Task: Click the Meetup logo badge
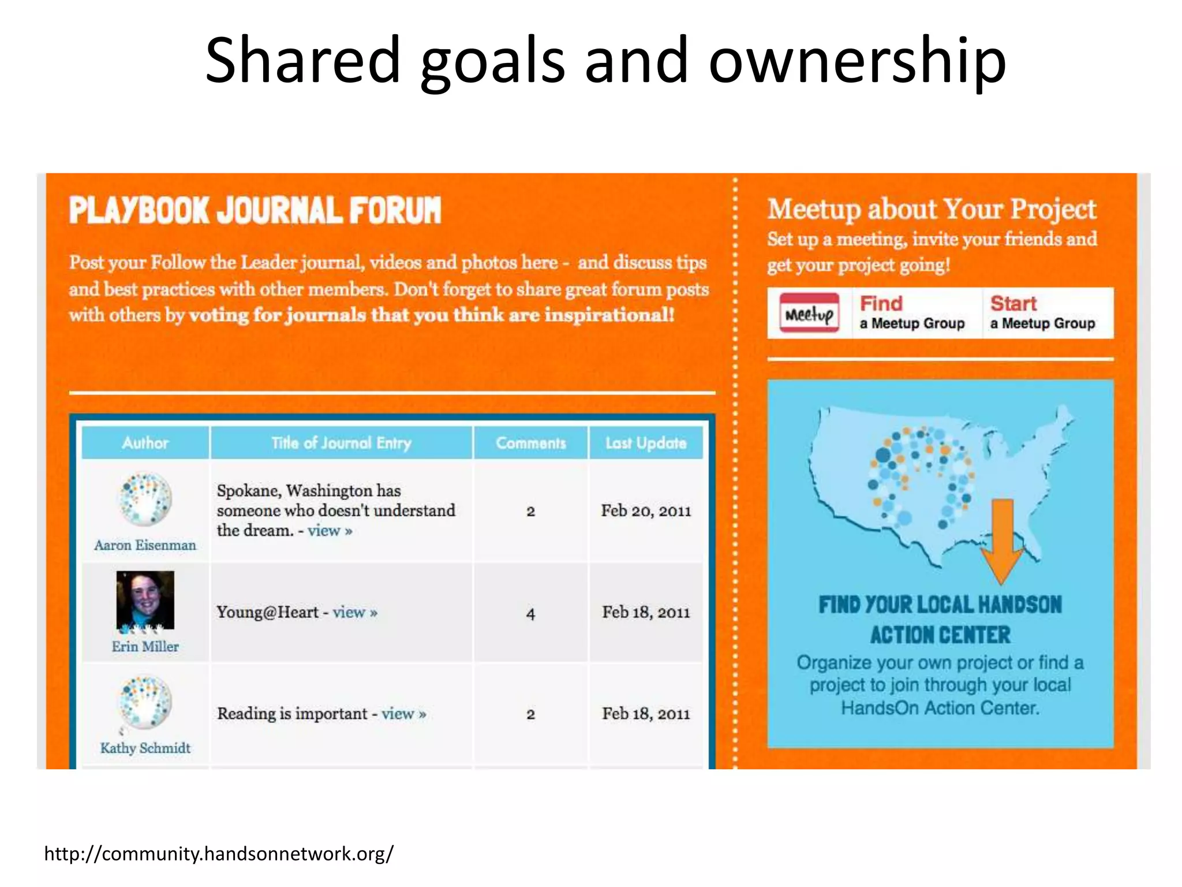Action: click(809, 312)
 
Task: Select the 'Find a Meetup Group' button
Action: click(912, 312)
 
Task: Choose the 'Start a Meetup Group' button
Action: click(1042, 312)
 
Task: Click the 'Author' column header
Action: click(145, 443)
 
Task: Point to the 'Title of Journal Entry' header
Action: click(341, 443)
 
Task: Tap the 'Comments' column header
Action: click(530, 443)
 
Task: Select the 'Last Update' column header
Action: click(646, 443)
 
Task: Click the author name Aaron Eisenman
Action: click(145, 545)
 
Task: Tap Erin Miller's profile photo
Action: click(145, 600)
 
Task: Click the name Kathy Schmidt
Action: click(145, 748)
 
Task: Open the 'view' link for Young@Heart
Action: click(354, 612)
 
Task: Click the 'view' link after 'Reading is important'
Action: click(403, 714)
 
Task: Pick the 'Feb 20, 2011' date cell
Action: click(646, 510)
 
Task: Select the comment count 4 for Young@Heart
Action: click(530, 613)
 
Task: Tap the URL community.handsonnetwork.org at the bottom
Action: click(219, 854)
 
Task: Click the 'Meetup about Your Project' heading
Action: click(932, 209)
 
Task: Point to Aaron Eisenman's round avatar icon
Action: click(145, 499)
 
